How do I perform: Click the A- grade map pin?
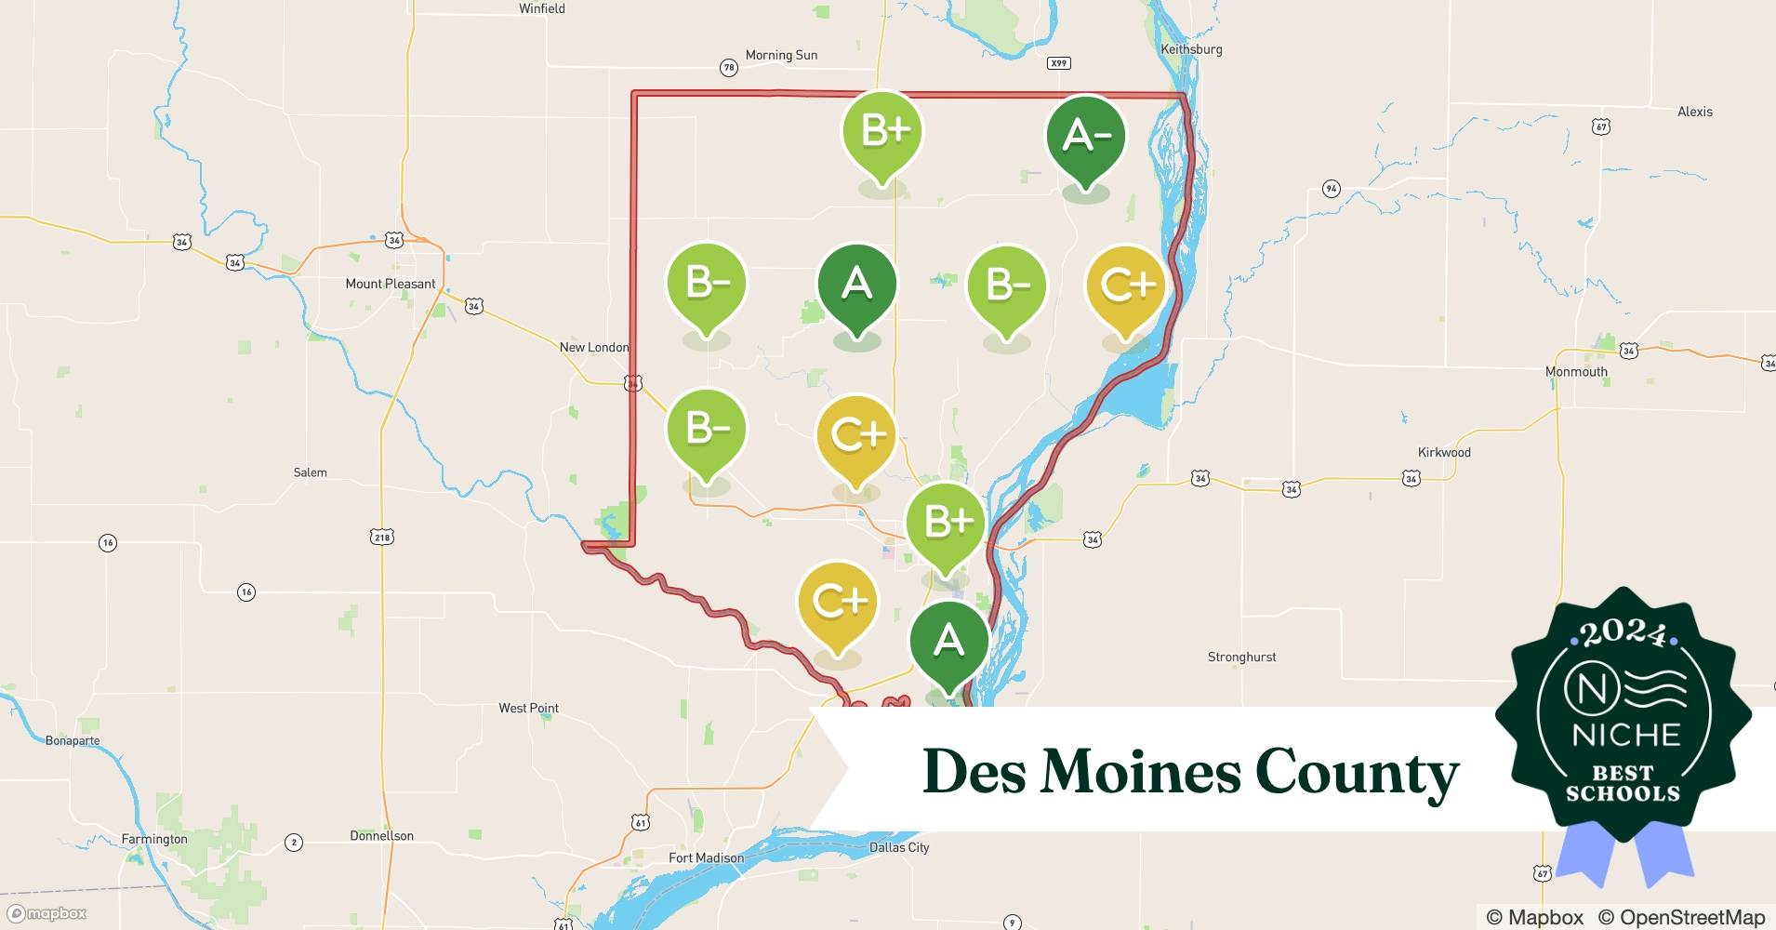coord(1085,136)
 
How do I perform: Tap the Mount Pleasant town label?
coord(391,284)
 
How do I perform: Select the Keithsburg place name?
coord(1191,49)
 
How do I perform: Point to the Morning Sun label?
coord(781,55)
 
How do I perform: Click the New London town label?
coord(594,347)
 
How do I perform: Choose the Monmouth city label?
coord(1576,371)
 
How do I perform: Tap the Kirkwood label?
coord(1444,452)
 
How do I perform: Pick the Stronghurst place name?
coord(1241,657)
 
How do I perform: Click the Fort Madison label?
coord(706,857)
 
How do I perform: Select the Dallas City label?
coord(899,847)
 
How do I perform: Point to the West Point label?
coord(528,708)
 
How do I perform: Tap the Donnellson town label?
coord(381,835)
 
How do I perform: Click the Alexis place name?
coord(1694,112)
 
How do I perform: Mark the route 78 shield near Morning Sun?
coord(729,67)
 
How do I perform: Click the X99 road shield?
coord(1058,63)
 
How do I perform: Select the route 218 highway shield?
coord(382,537)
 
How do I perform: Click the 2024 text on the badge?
coord(1624,633)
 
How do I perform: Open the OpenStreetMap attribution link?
coord(1681,917)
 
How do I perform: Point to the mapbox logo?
coord(47,913)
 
